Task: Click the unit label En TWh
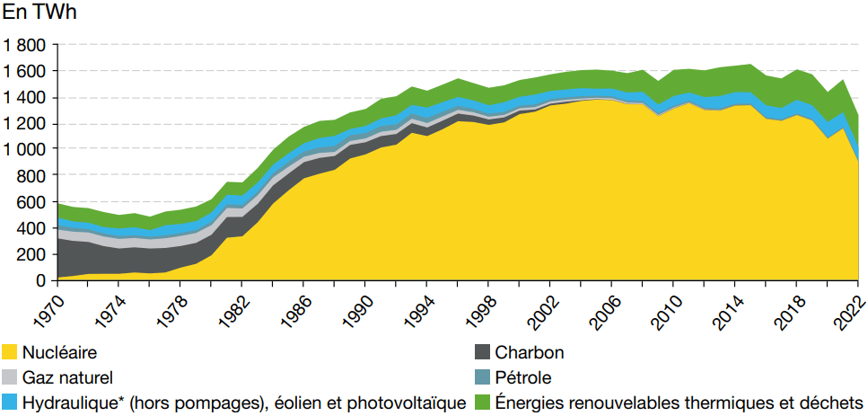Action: [x=41, y=12]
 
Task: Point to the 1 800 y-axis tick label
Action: [x=24, y=45]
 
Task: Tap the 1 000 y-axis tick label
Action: [x=24, y=149]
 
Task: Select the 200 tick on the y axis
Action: [x=33, y=254]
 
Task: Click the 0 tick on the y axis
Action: [x=41, y=280]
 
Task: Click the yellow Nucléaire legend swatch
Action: [x=10, y=352]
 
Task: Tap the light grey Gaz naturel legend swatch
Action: [x=10, y=377]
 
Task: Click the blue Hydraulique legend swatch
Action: [x=10, y=403]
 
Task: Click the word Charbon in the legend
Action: [x=529, y=352]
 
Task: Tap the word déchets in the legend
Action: [x=834, y=403]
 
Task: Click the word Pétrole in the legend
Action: [x=523, y=377]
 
